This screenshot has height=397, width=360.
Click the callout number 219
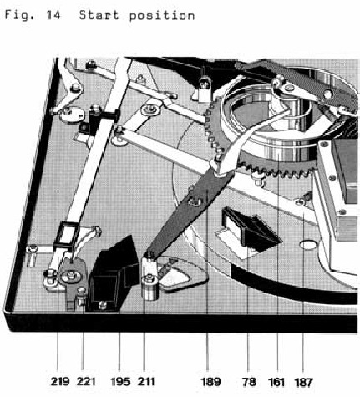coord(60,381)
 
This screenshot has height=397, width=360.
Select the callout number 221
coord(86,381)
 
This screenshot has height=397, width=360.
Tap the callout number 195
coord(120,381)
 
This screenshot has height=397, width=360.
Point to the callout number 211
coord(146,381)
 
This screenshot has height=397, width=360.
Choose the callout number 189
coord(210,381)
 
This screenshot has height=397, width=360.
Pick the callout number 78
coord(249,381)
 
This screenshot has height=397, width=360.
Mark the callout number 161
coord(276,381)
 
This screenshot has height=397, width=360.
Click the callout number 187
coord(303,382)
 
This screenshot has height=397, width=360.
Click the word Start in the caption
coord(99,15)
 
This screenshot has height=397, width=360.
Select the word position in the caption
coord(162,16)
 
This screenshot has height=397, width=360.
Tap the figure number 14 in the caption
coord(53,15)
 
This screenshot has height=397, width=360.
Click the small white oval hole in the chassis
coord(307,245)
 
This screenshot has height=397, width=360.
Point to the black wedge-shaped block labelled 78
coord(251,228)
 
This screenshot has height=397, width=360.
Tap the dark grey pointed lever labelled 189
coord(192,206)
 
